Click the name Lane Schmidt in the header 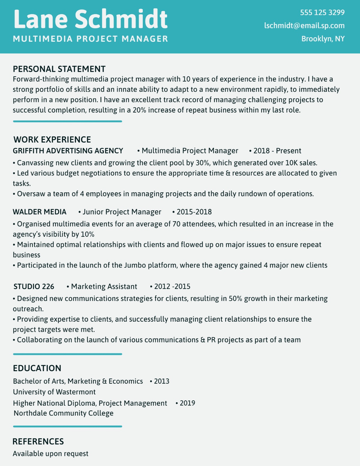click(90, 19)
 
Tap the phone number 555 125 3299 click(322, 13)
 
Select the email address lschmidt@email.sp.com click(304, 26)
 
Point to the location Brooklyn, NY click(323, 39)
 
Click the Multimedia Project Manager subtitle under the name click(90, 39)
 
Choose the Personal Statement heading click(59, 69)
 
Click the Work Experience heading click(52, 140)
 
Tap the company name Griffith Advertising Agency click(68, 151)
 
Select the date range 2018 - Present click(277, 151)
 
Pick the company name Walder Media click(40, 212)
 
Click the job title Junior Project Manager click(122, 212)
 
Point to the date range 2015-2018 click(194, 212)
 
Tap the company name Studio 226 click(34, 287)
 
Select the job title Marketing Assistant click(104, 287)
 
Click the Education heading click(37, 368)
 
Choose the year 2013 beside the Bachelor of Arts click(161, 381)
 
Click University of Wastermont click(54, 392)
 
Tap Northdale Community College click(64, 413)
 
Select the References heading click(38, 441)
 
